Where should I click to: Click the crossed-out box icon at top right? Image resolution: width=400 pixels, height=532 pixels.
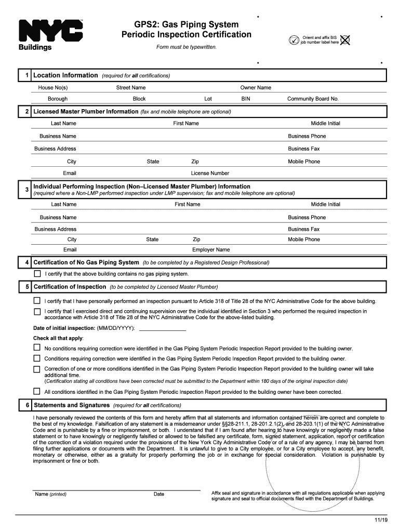[x=345, y=39]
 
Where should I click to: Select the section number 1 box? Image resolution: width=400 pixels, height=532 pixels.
[x=26, y=75]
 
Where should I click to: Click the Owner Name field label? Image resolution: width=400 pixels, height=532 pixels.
[x=256, y=87]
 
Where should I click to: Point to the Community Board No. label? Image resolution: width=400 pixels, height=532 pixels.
[x=313, y=99]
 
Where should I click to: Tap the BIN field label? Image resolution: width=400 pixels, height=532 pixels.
[x=246, y=99]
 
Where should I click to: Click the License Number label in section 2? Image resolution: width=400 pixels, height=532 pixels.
[x=210, y=173]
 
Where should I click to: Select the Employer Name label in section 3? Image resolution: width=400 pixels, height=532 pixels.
[x=211, y=249]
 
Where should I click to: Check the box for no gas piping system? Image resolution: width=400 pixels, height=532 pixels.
[x=37, y=274]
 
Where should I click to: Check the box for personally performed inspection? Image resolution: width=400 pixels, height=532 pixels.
[x=37, y=301]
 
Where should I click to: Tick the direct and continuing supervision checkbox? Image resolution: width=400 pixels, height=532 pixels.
[x=37, y=311]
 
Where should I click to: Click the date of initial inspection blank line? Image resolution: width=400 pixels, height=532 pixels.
[x=163, y=328]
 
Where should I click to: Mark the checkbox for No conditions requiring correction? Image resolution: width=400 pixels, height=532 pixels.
[x=37, y=348]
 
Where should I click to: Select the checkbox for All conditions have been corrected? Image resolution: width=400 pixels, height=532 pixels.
[x=37, y=391]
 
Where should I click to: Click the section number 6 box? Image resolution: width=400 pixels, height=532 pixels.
[x=26, y=405]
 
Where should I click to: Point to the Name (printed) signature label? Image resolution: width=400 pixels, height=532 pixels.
[x=50, y=494]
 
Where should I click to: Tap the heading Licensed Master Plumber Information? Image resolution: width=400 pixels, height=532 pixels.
[x=86, y=112]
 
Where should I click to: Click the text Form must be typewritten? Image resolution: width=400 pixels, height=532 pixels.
[x=186, y=47]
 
